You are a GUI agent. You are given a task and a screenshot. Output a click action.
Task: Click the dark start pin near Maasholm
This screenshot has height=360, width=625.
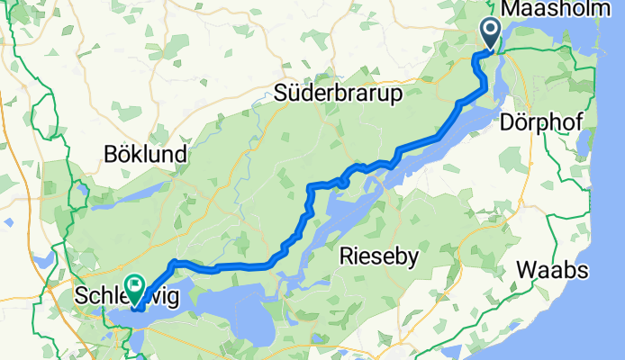click(491, 33)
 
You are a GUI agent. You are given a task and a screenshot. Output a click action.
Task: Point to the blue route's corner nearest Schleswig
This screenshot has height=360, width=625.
click(171, 263)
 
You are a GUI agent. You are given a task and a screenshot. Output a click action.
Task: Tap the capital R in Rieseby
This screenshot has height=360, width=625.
click(347, 258)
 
